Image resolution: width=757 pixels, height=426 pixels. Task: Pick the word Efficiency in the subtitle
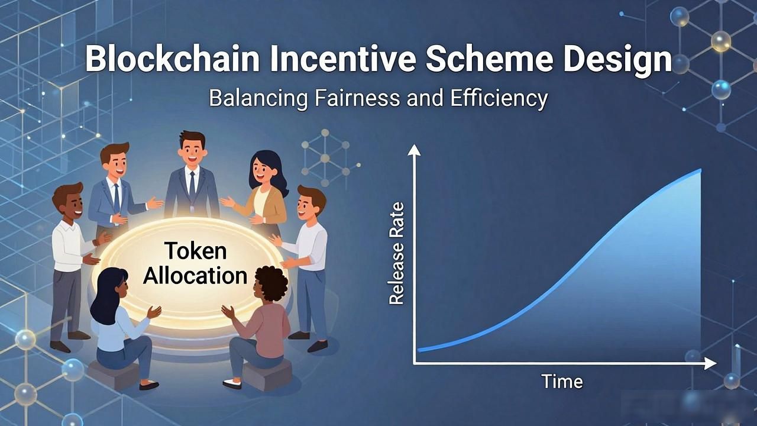pyautogui.click(x=499, y=99)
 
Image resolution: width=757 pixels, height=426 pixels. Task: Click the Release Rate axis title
pyautogui.click(x=396, y=254)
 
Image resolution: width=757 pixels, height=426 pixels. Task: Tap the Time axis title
pyautogui.click(x=562, y=382)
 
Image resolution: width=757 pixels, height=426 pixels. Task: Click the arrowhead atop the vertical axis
pyautogui.click(x=414, y=150)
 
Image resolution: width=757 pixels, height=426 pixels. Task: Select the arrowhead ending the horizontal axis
pyautogui.click(x=710, y=364)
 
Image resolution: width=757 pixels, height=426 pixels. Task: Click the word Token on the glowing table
pyautogui.click(x=196, y=251)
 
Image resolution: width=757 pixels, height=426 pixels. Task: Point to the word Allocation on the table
pyautogui.click(x=195, y=275)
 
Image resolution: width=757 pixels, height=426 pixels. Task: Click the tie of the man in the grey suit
pyautogui.click(x=192, y=185)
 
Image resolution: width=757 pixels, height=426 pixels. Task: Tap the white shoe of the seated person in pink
pyautogui.click(x=232, y=384)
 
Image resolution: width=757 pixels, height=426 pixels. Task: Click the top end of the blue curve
pyautogui.click(x=700, y=170)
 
